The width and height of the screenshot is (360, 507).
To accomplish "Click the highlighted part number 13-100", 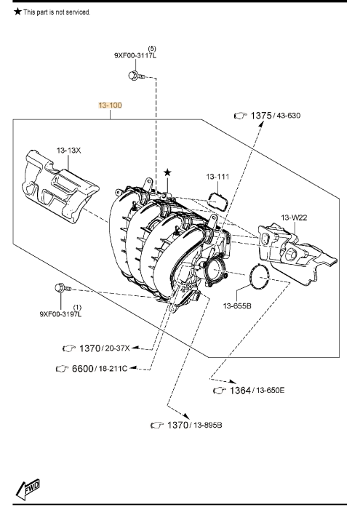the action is [x=111, y=105].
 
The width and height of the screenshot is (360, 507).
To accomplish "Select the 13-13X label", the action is [x=69, y=151].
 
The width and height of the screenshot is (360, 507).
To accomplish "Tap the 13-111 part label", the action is [x=217, y=177].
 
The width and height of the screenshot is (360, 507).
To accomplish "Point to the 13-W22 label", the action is [x=294, y=217].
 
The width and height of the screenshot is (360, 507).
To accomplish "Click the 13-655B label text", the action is [x=237, y=306].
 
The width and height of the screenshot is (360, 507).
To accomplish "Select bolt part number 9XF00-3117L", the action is [x=135, y=55].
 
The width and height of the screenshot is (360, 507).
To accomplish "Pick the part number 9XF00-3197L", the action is [x=60, y=314].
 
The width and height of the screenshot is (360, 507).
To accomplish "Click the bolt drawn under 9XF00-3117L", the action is [x=136, y=76].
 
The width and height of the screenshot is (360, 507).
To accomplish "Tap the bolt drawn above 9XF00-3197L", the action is [x=63, y=288].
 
